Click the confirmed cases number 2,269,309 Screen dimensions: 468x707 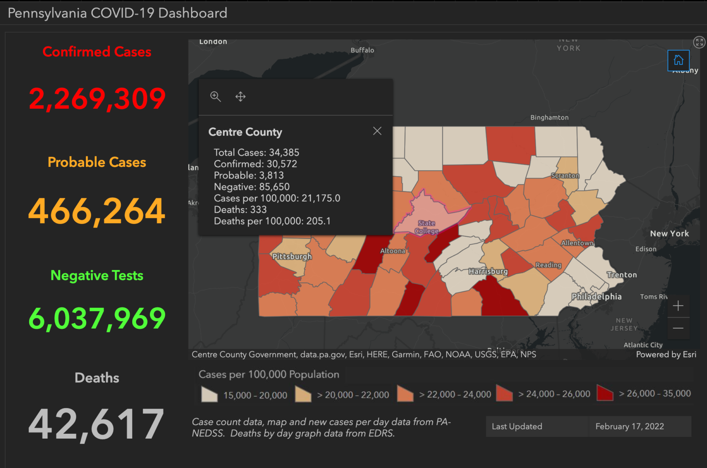97,99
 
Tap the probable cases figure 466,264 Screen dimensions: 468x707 97,211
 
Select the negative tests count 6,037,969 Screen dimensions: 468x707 97,318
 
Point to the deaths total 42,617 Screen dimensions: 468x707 96,425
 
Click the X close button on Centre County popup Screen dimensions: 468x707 377,131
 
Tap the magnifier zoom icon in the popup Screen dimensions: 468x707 215,96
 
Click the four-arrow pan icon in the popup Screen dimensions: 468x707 241,96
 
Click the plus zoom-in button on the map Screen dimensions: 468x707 678,306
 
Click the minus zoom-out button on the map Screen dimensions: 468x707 678,328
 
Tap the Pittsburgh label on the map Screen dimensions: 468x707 292,256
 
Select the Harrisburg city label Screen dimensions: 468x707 488,271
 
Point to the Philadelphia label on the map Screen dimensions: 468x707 596,296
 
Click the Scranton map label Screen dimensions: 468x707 565,175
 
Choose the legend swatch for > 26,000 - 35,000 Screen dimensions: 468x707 605,393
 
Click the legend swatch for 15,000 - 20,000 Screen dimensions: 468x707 209,394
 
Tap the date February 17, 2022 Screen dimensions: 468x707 629,426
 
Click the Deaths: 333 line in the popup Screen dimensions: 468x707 240,210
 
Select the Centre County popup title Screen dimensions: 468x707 245,132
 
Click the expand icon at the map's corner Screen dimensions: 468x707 699,42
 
